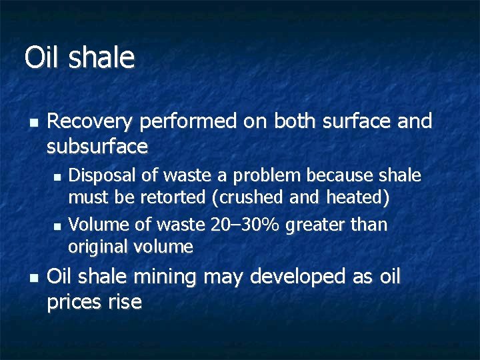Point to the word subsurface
pyautogui.click(x=97, y=145)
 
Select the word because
pyautogui.click(x=341, y=175)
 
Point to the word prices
pyautogui.click(x=73, y=302)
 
